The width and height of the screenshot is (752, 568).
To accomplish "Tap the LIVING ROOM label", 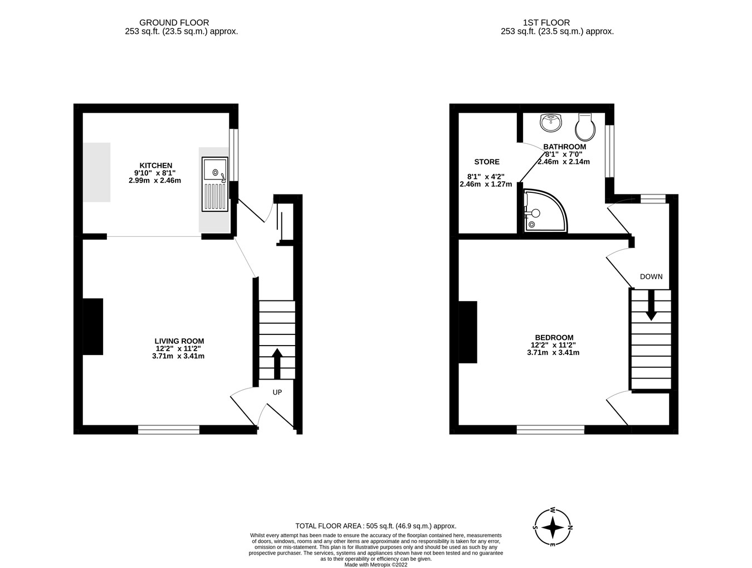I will pyautogui.click(x=179, y=341).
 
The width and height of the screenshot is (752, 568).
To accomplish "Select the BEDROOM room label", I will pyautogui.click(x=554, y=337).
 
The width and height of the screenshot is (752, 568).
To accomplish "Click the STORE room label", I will pyautogui.click(x=486, y=162).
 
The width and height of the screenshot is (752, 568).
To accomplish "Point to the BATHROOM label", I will pyautogui.click(x=564, y=147).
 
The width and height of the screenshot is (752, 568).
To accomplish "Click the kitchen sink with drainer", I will pyautogui.click(x=216, y=185).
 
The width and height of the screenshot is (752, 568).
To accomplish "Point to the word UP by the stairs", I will pyautogui.click(x=277, y=392).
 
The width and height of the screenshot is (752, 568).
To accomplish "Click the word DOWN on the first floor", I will pyautogui.click(x=651, y=276).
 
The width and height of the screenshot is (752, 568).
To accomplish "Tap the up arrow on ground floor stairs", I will pyautogui.click(x=277, y=362).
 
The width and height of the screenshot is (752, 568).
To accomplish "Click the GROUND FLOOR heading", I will pyautogui.click(x=174, y=23).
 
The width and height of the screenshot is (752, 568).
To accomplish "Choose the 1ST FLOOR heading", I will pyautogui.click(x=546, y=23).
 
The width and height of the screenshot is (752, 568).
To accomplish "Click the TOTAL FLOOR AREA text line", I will pyautogui.click(x=375, y=526).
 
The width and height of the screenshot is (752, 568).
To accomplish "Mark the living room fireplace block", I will pyautogui.click(x=93, y=327).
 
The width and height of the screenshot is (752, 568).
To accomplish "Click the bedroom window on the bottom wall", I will pyautogui.click(x=550, y=429).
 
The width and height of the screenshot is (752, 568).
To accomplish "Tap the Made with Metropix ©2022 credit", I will pyautogui.click(x=375, y=564).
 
